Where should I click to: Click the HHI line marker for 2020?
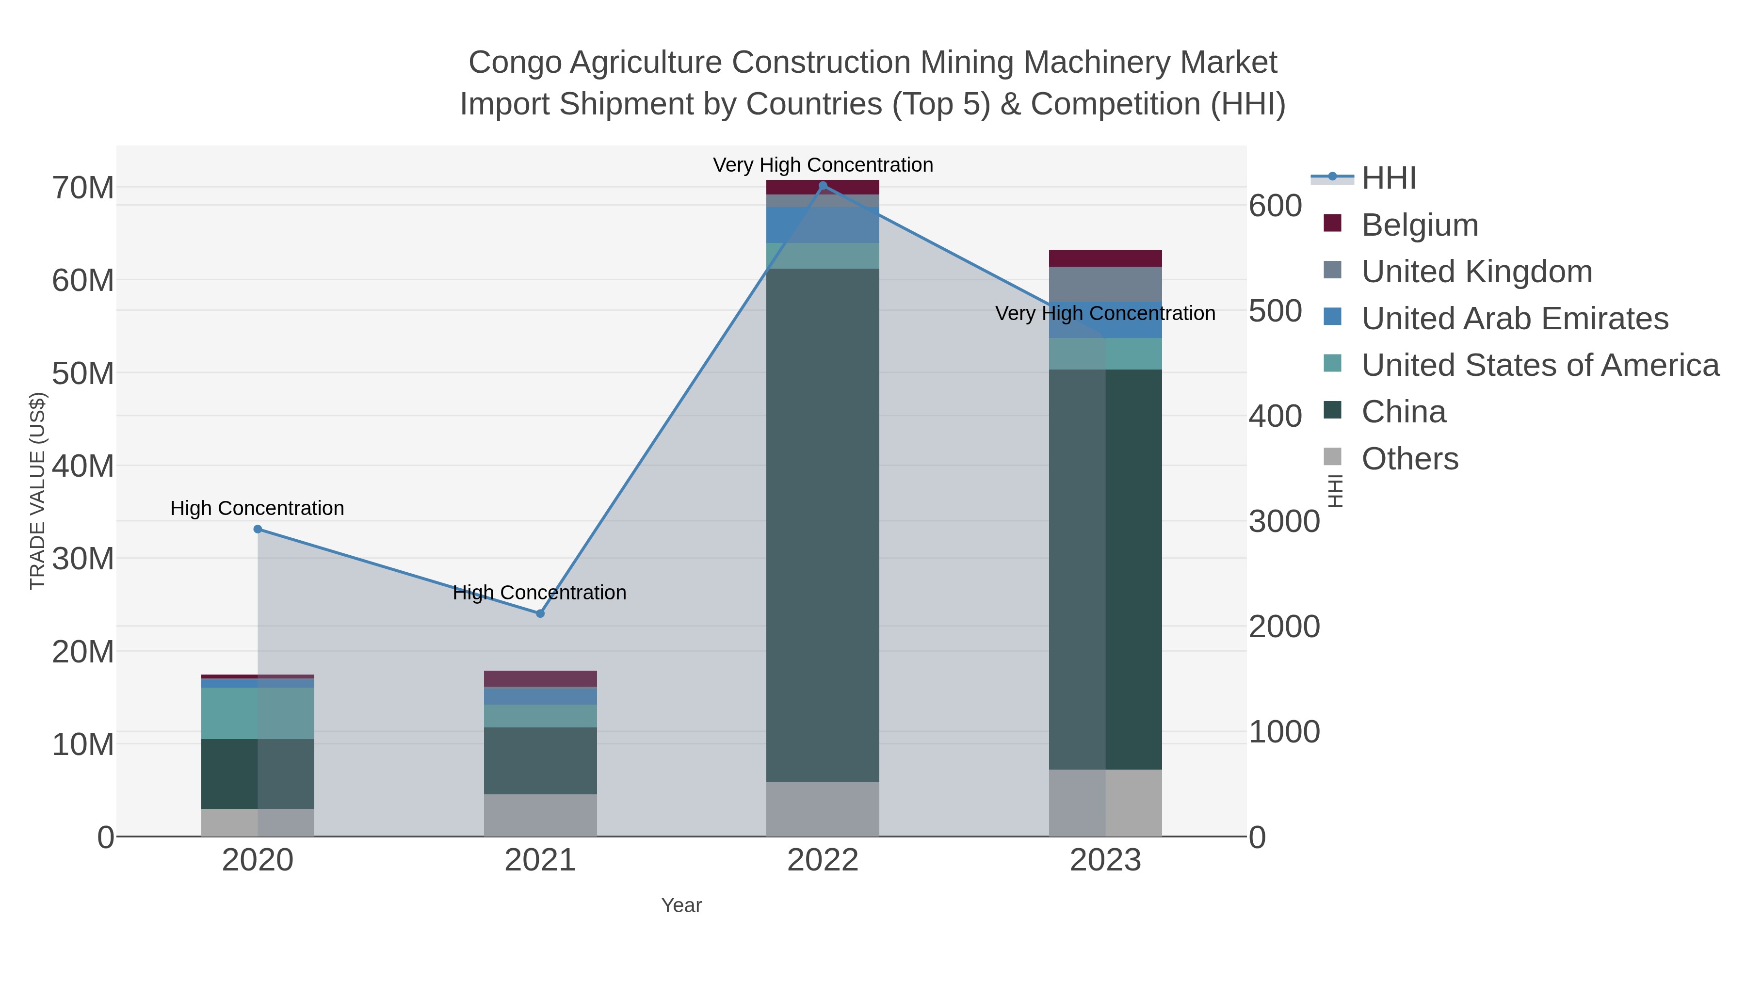[x=258, y=529]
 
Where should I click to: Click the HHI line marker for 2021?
[x=540, y=613]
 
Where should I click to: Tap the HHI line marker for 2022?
[x=823, y=186]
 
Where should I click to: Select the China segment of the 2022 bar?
[x=823, y=525]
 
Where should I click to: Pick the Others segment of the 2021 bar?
[x=540, y=815]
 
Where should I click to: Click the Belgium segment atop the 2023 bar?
[x=1105, y=258]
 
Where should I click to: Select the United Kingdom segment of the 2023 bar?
[x=1105, y=284]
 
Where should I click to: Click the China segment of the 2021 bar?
[x=540, y=760]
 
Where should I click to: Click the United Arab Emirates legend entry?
[x=1514, y=319]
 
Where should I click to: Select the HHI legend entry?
[x=1388, y=178]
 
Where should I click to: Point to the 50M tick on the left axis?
[x=82, y=373]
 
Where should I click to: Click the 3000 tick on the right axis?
[x=1284, y=522]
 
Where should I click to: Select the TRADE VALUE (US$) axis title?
[x=38, y=491]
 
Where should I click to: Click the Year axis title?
[x=681, y=905]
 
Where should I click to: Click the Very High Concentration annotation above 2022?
[x=823, y=165]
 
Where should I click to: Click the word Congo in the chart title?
[x=515, y=63]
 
